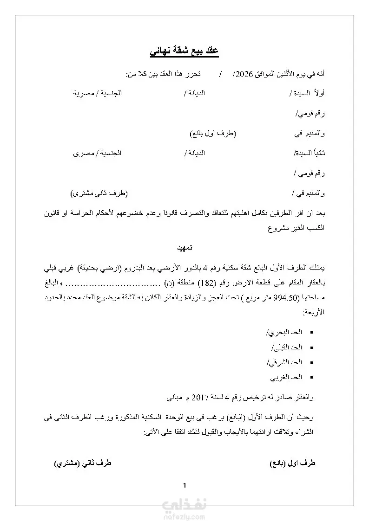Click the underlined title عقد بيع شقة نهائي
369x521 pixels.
[184, 51]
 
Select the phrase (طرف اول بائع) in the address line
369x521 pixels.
[213, 134]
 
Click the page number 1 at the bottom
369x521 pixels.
[184, 486]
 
